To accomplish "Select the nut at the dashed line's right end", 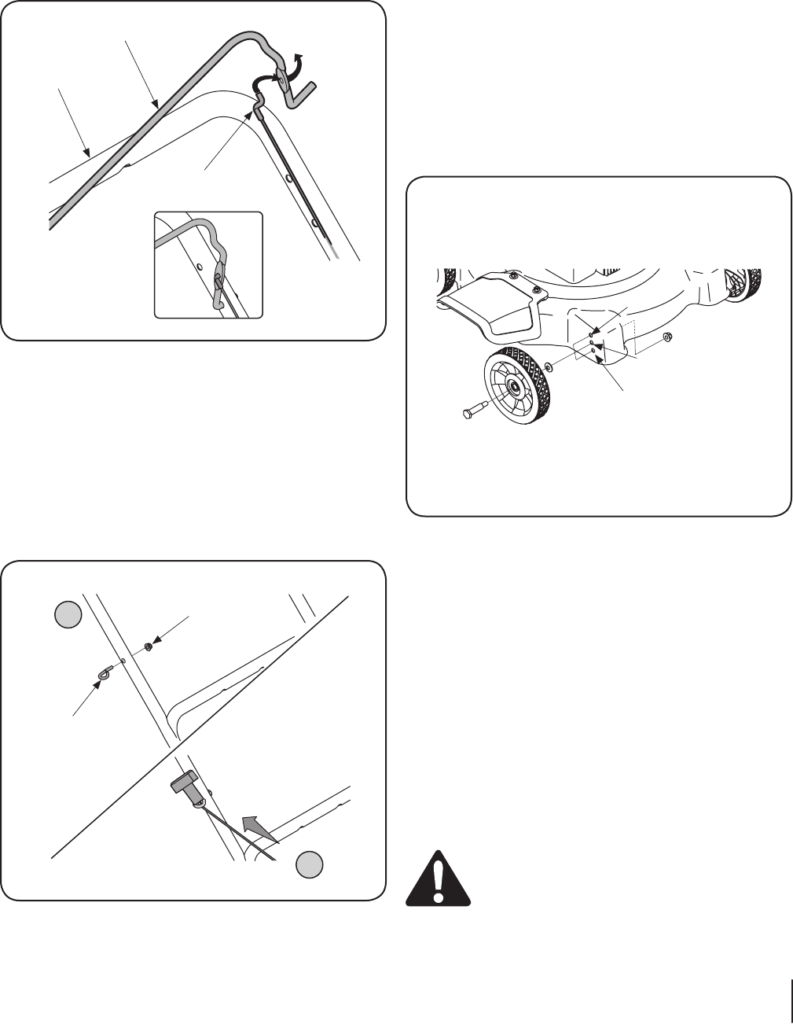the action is [x=666, y=338].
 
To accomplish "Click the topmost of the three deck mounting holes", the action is [x=590, y=335].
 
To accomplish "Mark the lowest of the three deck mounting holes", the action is [x=593, y=351].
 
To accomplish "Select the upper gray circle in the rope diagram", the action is [x=68, y=615].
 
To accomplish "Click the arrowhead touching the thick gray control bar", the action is [x=156, y=102].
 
